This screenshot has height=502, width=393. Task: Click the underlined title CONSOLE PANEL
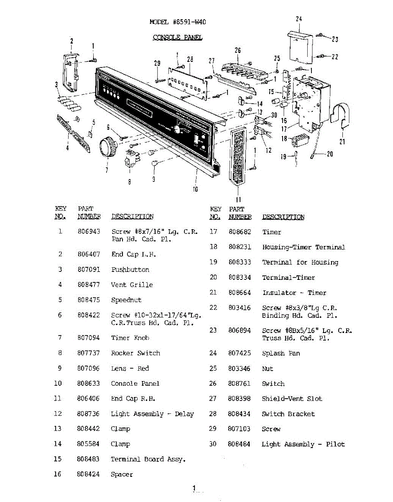[177, 38]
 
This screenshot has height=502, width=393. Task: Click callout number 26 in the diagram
[238, 50]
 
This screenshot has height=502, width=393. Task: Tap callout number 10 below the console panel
[195, 189]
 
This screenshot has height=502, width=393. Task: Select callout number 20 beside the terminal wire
[330, 154]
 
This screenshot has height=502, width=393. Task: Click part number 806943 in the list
[89, 231]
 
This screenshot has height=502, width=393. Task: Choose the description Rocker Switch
[135, 353]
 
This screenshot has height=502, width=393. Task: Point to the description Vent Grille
[132, 285]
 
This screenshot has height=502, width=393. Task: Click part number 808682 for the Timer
[240, 232]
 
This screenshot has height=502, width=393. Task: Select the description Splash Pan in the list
[281, 353]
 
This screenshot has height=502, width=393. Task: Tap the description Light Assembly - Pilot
[303, 444]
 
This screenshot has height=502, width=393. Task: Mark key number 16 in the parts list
[58, 474]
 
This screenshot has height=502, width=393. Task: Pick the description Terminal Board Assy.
[148, 459]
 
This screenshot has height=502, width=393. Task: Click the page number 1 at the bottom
[194, 488]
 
